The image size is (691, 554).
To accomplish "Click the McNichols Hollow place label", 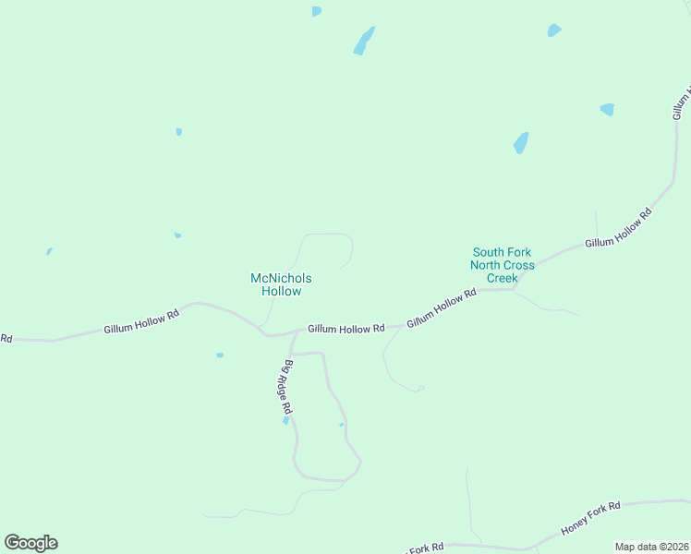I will (x=281, y=284).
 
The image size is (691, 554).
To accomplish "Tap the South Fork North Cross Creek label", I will (x=503, y=265).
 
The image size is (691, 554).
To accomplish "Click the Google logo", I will (x=30, y=543).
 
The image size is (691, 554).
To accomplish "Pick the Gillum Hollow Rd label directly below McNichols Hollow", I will (x=346, y=329).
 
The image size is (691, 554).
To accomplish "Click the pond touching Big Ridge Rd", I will (x=286, y=421).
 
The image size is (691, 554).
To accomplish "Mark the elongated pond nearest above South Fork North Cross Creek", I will (x=521, y=142).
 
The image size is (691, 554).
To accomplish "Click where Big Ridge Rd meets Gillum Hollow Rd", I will (x=295, y=333).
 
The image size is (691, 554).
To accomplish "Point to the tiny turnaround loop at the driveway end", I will (x=420, y=388).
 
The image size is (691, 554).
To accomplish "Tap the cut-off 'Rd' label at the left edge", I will (x=6, y=339).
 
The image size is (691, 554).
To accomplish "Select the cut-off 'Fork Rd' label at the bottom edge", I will (x=426, y=548).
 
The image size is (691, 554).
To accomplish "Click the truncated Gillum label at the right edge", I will (x=681, y=103).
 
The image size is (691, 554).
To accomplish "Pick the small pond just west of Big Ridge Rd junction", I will (x=220, y=355).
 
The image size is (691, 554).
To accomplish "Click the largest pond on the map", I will (x=364, y=41).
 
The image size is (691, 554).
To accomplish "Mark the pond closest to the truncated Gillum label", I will (x=607, y=109).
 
